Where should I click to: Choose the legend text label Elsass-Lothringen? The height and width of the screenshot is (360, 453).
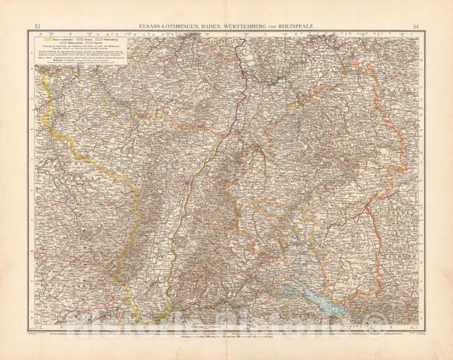tap(58, 39)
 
